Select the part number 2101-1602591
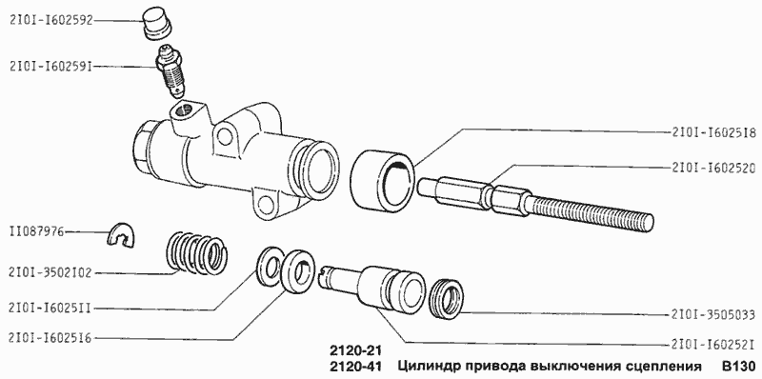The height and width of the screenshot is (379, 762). [x=50, y=66]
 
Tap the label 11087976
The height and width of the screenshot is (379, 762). [x=37, y=230]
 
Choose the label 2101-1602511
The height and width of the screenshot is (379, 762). [x=50, y=307]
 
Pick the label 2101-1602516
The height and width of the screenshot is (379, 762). [x=50, y=337]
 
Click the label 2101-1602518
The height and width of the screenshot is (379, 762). [x=712, y=134]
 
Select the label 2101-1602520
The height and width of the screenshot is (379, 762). [x=712, y=167]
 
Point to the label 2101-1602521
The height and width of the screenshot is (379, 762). [x=712, y=344]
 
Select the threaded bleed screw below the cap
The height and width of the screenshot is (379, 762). [x=172, y=74]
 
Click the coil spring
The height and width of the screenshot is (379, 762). [x=198, y=253]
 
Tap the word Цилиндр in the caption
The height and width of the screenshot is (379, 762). [x=429, y=367]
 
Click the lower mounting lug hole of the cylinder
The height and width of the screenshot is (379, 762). [x=262, y=201]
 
